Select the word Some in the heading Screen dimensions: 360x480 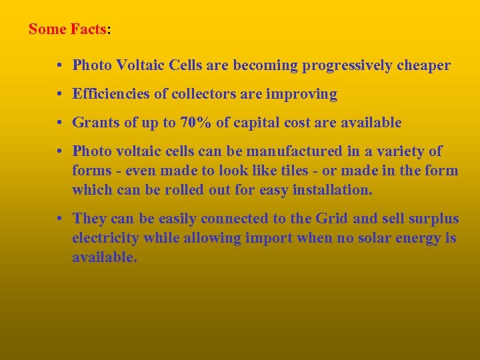(47, 29)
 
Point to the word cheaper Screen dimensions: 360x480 (425, 65)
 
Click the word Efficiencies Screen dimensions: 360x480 (111, 95)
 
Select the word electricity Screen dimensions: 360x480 (104, 238)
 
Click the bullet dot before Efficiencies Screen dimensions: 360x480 (60, 95)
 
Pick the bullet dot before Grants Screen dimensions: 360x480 (60, 123)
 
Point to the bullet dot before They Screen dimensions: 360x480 (60, 219)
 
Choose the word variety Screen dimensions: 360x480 (403, 151)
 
